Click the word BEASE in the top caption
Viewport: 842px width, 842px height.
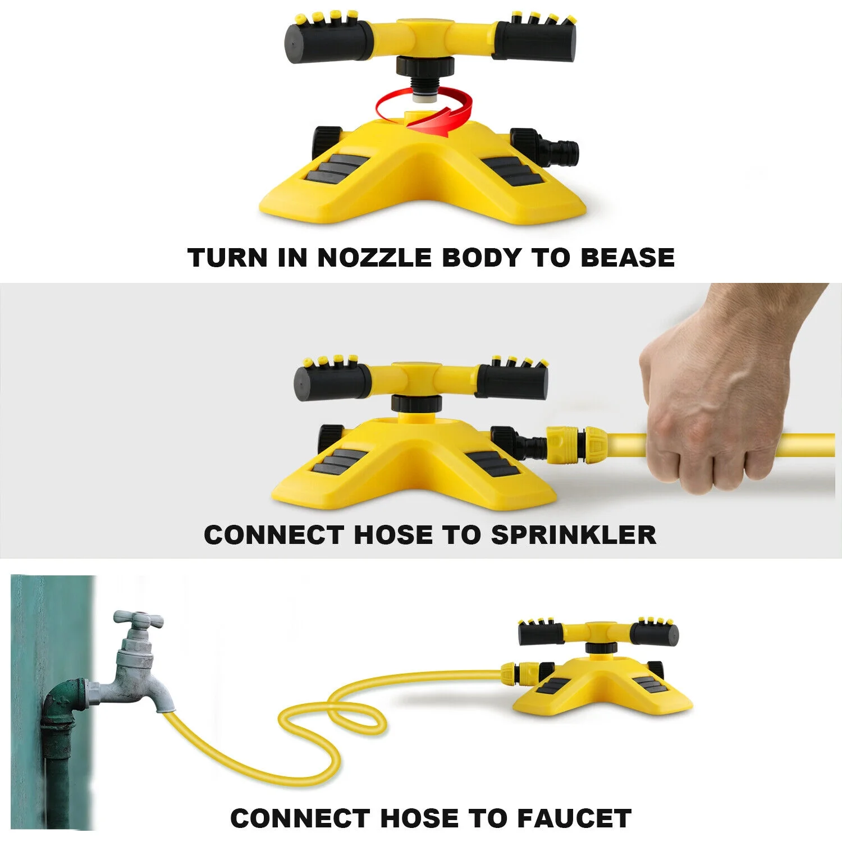click(627, 258)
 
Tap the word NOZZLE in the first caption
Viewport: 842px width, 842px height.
click(374, 258)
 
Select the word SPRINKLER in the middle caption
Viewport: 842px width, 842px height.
click(573, 535)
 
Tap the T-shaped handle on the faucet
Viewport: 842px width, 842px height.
click(138, 619)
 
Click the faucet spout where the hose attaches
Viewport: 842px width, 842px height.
click(163, 702)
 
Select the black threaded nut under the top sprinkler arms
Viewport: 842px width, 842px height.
click(420, 66)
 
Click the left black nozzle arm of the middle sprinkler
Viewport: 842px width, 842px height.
click(332, 381)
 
